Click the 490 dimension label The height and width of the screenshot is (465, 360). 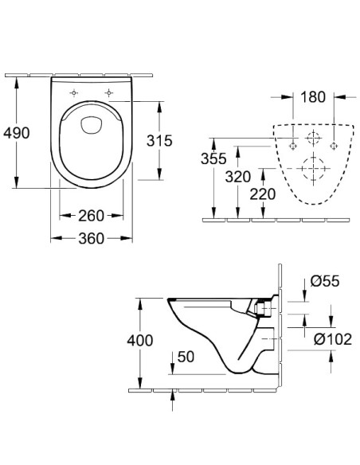pyautogui.click(x=16, y=133)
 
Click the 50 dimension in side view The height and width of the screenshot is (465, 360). pyautogui.click(x=185, y=357)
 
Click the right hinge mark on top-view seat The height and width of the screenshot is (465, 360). pyautogui.click(x=109, y=91)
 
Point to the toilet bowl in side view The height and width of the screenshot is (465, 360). pyautogui.click(x=211, y=334)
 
